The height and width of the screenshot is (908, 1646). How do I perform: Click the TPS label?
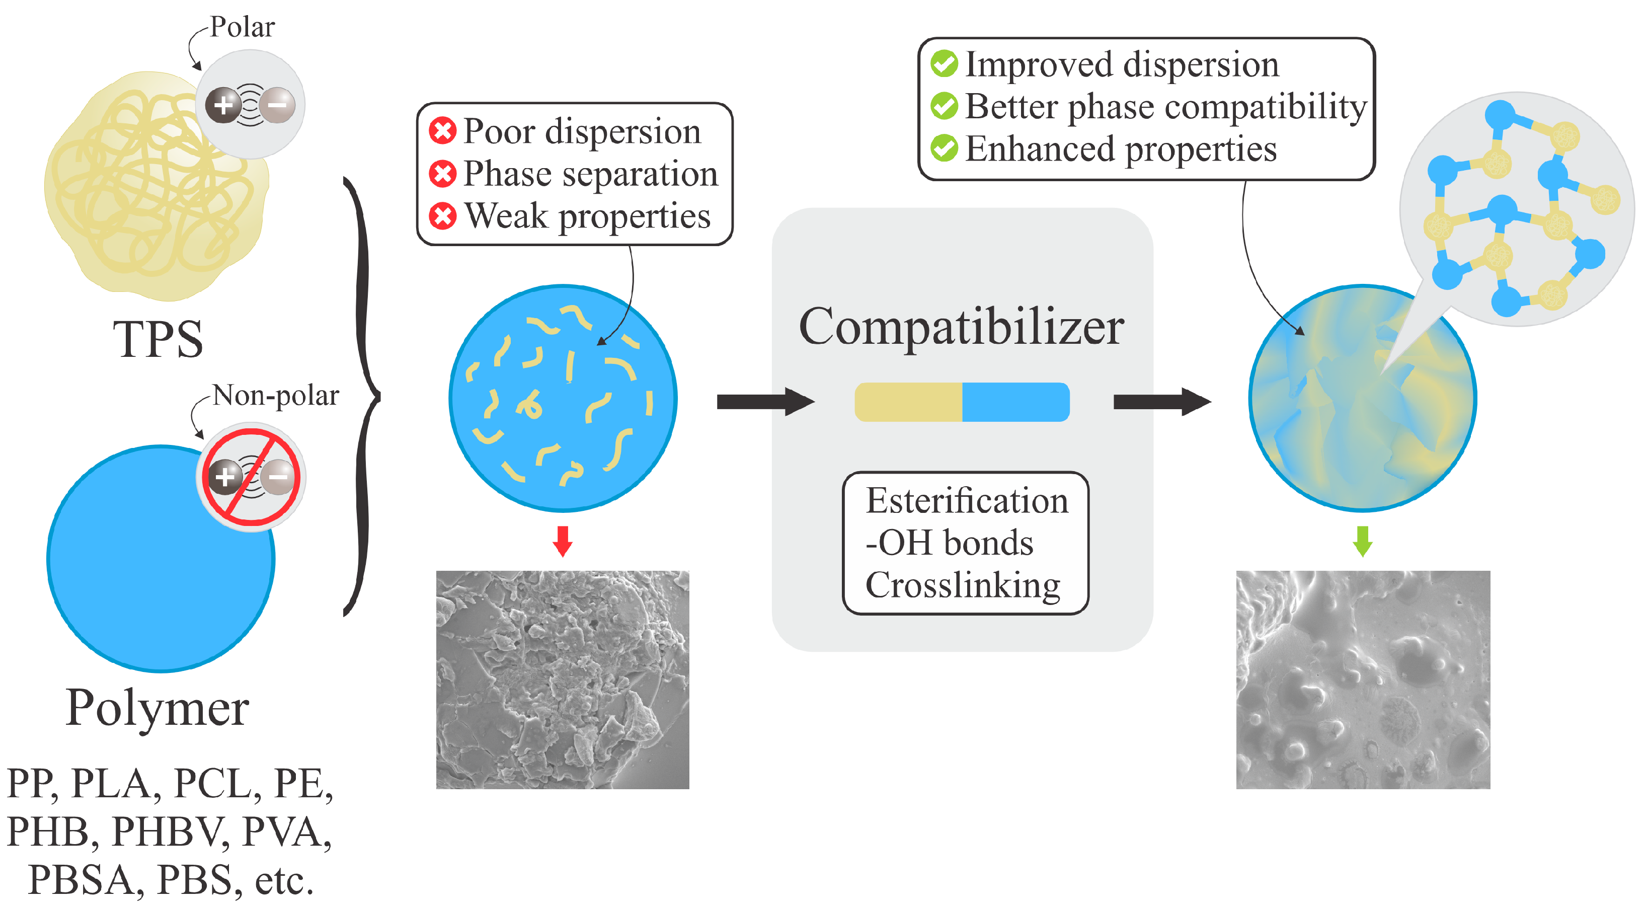tap(159, 339)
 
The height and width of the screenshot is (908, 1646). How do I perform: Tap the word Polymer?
tap(157, 708)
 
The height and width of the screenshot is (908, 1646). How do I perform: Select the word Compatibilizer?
tap(962, 327)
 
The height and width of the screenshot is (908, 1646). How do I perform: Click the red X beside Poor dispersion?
tap(443, 131)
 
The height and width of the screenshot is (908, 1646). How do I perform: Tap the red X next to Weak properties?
tap(443, 216)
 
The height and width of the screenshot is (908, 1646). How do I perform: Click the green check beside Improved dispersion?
tap(944, 64)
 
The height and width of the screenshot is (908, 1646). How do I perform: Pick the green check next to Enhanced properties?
tap(944, 148)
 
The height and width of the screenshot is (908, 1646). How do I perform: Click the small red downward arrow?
tap(562, 541)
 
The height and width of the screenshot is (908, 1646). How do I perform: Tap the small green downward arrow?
tap(1362, 541)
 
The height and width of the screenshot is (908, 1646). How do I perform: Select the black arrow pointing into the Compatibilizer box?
tap(765, 401)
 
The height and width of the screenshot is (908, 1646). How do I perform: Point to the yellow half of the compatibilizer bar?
tap(909, 402)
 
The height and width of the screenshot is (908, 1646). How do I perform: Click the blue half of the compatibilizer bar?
tap(1016, 402)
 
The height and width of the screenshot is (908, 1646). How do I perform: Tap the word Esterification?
tap(967, 500)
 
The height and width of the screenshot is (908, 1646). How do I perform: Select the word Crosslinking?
tap(963, 585)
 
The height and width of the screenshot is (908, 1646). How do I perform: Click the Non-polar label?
tap(275, 396)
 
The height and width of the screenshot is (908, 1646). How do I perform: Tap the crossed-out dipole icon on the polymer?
tap(251, 477)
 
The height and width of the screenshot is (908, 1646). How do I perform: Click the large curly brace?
tap(362, 397)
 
